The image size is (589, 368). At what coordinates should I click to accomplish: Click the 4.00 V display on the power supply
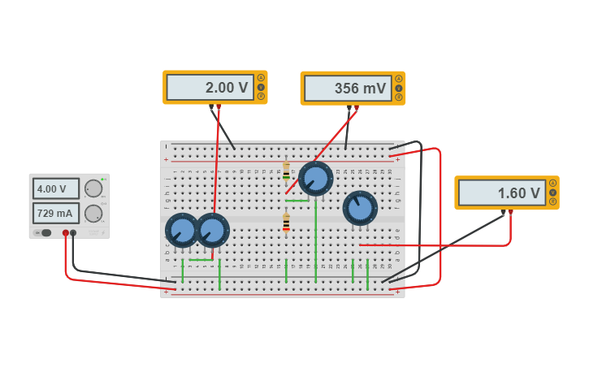55,188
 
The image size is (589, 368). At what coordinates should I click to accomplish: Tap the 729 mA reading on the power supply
55,213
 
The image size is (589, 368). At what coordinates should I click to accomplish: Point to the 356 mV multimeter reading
347,89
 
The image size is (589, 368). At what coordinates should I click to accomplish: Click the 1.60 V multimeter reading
501,193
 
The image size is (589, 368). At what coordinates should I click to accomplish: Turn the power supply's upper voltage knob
93,188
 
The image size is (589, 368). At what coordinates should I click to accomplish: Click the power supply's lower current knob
93,214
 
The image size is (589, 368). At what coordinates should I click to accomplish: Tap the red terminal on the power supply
66,233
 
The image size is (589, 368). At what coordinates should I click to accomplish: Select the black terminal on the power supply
74,233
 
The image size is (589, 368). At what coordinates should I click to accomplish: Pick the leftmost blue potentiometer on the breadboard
182,231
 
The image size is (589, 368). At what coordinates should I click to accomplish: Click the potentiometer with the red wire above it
213,231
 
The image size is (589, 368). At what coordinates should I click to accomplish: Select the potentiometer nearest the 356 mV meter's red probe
315,179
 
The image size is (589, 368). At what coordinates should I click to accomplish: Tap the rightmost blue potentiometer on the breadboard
360,208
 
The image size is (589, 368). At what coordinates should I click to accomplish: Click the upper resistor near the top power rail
286,171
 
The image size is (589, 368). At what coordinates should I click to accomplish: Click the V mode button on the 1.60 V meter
552,193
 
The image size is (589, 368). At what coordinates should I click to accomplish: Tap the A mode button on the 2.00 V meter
261,78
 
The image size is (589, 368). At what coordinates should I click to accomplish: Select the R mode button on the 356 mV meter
399,97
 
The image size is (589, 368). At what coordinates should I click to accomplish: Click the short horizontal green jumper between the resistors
297,200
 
